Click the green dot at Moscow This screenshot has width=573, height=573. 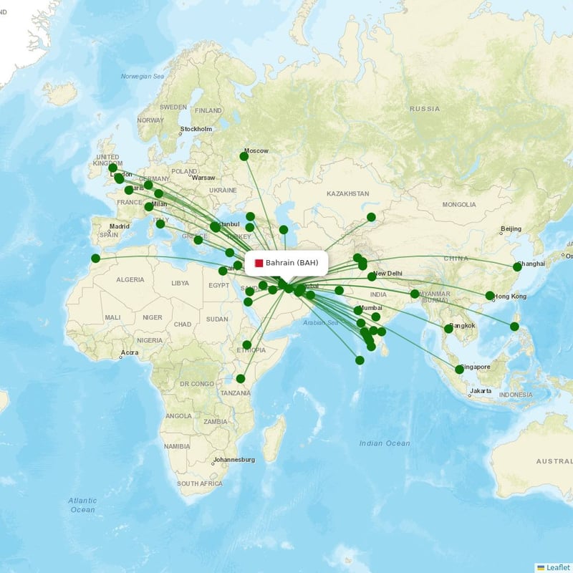pos(244,156)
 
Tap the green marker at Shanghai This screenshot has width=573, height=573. pos(517,266)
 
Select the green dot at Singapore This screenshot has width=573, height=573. pos(459,370)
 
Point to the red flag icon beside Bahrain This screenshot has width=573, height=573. pos(259,263)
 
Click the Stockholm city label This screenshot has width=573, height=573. pos(197,129)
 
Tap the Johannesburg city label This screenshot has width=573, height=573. pos(234,460)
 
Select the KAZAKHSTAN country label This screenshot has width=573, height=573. pos(348,194)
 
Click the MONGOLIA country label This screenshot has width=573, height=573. pos(459,205)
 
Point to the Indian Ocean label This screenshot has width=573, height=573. pos(385,443)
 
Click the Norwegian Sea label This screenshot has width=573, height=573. pos(143,77)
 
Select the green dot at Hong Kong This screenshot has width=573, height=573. pos(490,296)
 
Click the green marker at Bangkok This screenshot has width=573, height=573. pos(448,329)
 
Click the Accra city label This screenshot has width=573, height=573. pos(130,352)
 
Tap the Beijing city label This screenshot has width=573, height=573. pos(511,229)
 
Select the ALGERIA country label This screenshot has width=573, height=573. pos(130,279)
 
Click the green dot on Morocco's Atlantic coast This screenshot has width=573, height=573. pos(95,259)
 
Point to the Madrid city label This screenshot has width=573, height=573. pos(120,226)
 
